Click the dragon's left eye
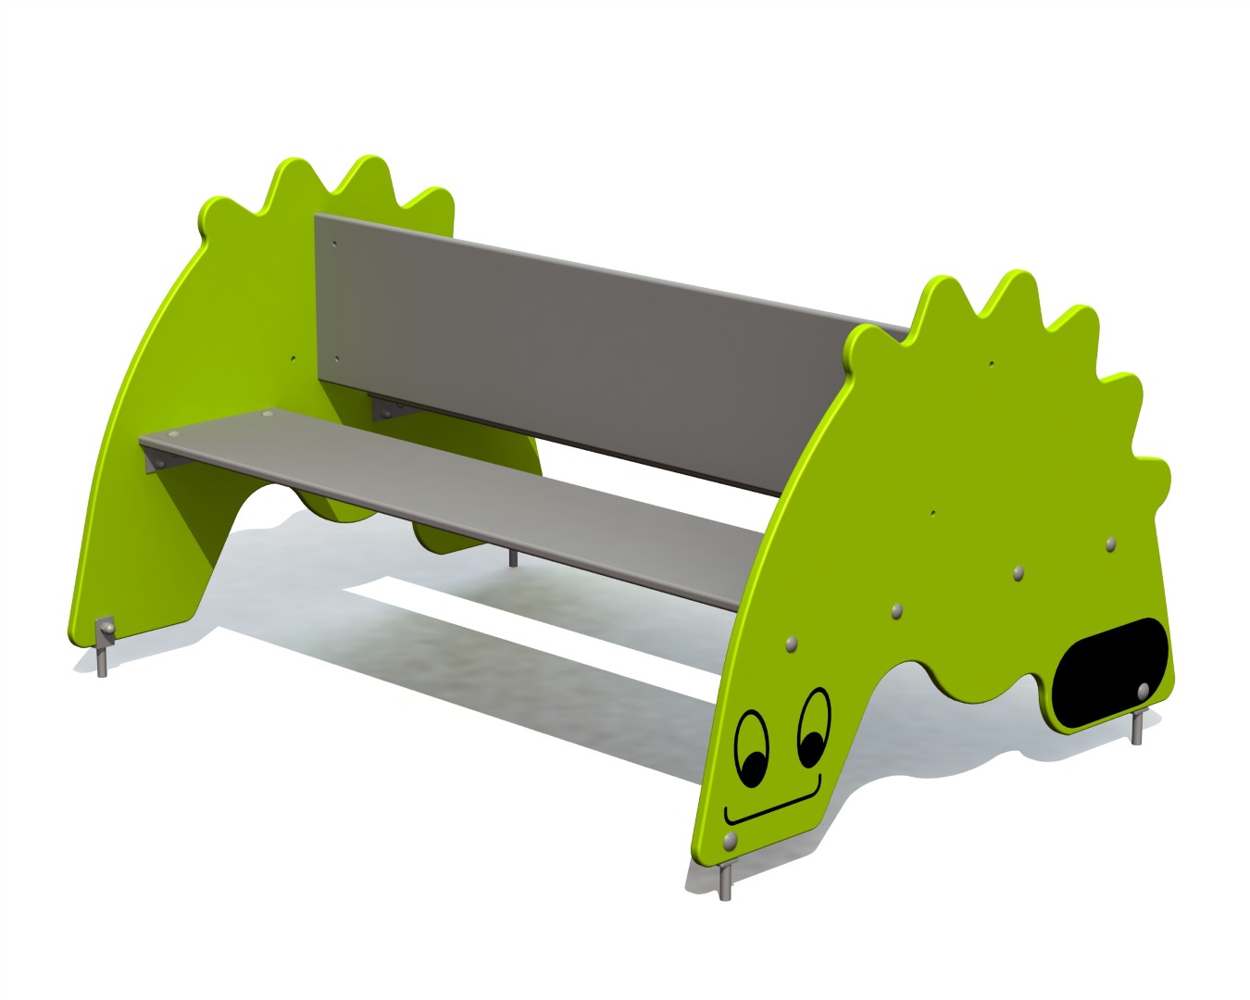[751, 749]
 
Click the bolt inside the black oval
[1143, 690]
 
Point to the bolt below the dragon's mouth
[730, 840]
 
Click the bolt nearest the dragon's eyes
[790, 643]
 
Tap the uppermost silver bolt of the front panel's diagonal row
[1111, 543]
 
